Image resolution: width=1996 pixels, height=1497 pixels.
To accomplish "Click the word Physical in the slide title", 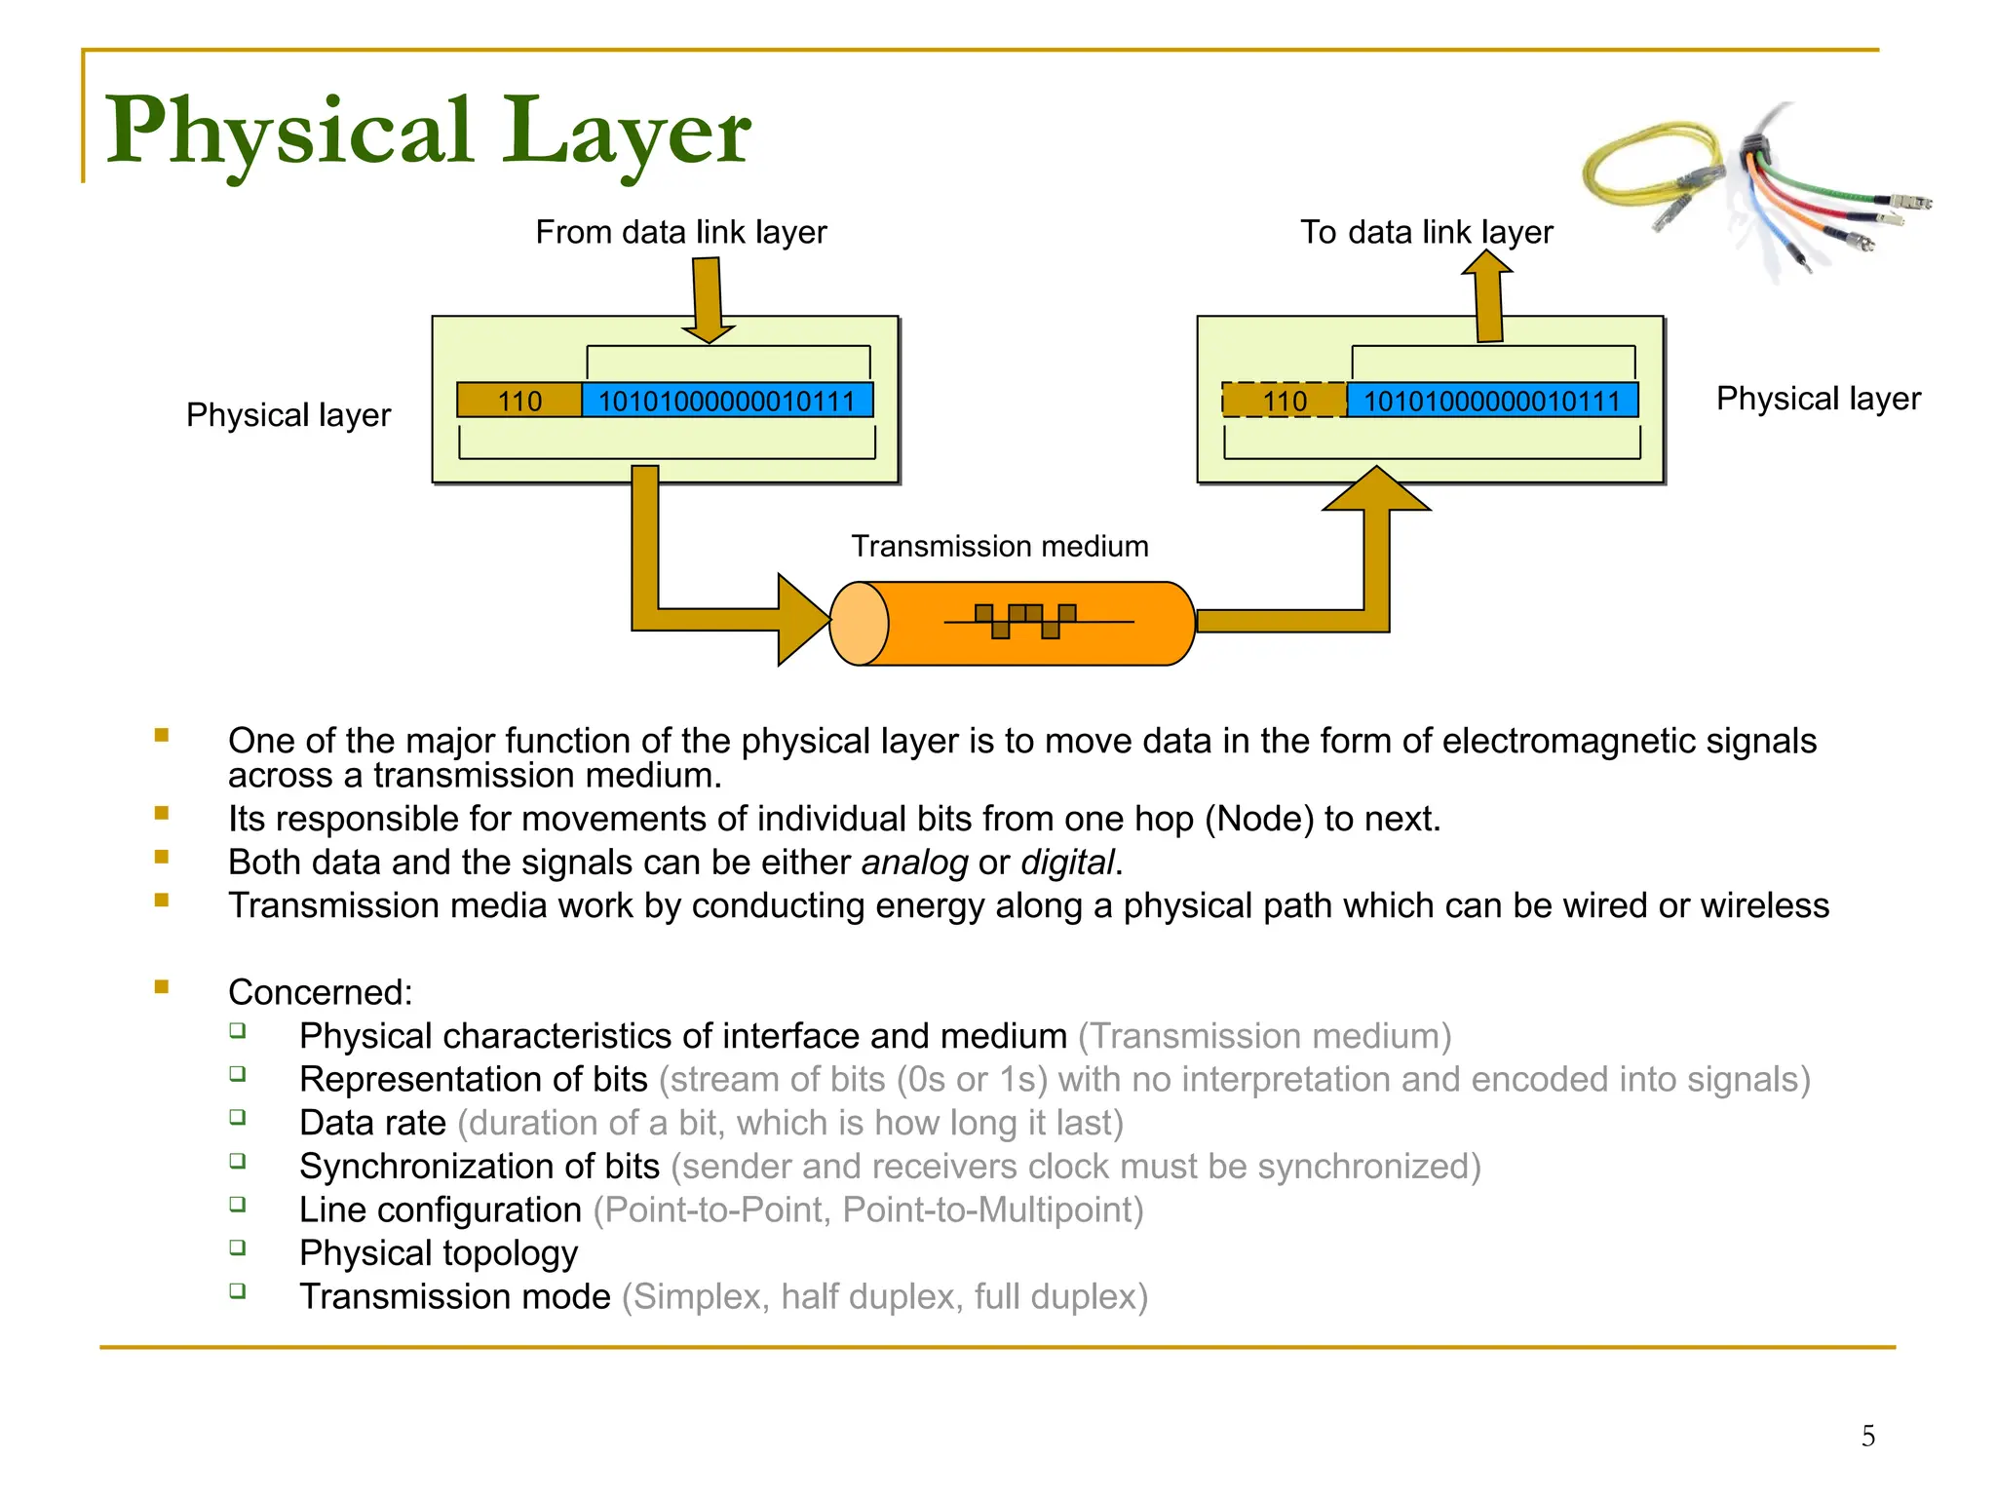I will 288,132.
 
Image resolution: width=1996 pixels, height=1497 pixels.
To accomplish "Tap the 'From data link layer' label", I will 680,232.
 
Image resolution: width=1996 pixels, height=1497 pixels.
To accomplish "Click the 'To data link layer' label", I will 1426,232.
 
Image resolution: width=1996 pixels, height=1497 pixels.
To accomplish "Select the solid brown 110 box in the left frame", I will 519,401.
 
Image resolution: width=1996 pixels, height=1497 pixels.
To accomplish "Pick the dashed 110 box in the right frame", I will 1285,401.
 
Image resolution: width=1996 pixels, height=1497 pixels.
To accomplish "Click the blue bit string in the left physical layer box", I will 726,401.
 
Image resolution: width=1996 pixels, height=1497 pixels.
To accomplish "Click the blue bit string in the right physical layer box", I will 1491,401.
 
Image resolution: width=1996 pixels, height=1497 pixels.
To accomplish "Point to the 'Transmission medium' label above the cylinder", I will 999,546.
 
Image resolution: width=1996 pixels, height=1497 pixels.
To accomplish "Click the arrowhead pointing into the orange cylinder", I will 801,621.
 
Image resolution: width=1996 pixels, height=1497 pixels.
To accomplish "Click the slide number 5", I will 1867,1436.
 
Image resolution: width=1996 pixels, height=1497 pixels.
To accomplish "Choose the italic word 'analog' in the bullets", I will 914,863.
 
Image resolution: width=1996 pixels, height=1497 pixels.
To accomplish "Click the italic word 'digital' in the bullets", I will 1066,863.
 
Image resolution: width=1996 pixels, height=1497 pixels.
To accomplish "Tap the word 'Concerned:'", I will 320,992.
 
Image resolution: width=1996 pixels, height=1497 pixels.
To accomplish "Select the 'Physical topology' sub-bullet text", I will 438,1253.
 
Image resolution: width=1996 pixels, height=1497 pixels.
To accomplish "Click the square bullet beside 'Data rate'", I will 238,1118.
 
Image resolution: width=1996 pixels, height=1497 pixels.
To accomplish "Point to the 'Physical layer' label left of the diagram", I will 288,415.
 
